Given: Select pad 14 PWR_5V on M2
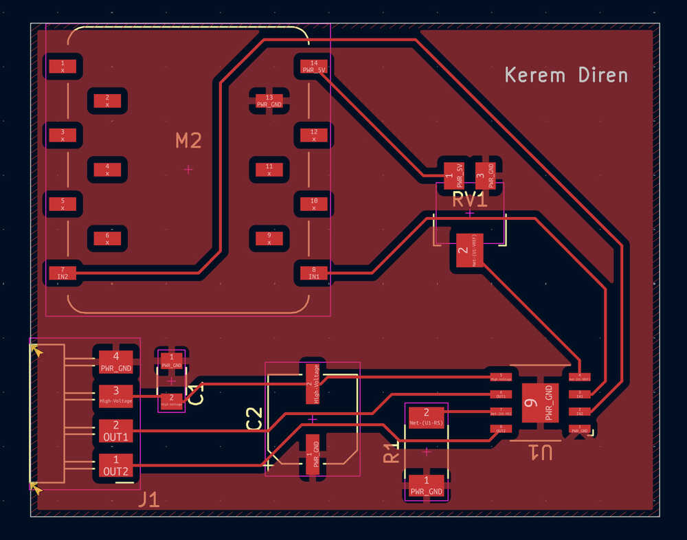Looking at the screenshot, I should point(314,67).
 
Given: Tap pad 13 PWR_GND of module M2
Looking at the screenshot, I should point(269,101).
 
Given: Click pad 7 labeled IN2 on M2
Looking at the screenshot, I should point(63,273).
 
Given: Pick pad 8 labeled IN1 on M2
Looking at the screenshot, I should point(314,273).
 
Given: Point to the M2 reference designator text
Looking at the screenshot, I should point(188,141).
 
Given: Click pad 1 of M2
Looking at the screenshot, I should point(63,67).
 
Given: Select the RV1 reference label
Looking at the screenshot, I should point(470,200).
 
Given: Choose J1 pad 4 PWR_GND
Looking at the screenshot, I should point(115,361).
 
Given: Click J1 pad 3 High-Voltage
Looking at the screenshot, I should point(115,396).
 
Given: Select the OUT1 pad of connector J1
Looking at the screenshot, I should point(115,431).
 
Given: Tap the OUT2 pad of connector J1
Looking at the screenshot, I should point(115,466).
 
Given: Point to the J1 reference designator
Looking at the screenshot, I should point(148,499).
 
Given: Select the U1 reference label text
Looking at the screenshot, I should point(541,452).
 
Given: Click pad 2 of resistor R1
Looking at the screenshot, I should point(426,416).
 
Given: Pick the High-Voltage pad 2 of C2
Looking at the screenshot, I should point(313,382).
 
